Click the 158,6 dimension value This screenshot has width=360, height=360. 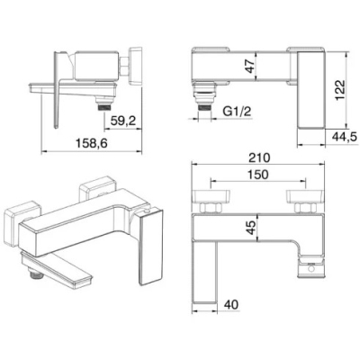[x=91, y=143]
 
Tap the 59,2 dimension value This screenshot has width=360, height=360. [x=123, y=121]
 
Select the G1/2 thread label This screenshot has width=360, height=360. [x=237, y=112]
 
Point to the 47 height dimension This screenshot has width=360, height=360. [x=249, y=66]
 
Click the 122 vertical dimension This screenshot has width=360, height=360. [x=340, y=90]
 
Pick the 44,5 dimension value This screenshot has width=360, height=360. [x=345, y=137]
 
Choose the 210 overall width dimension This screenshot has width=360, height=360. [x=258, y=157]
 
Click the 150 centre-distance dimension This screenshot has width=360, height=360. [x=258, y=175]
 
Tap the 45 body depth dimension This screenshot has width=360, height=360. [x=250, y=228]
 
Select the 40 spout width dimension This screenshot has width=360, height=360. [x=231, y=304]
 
